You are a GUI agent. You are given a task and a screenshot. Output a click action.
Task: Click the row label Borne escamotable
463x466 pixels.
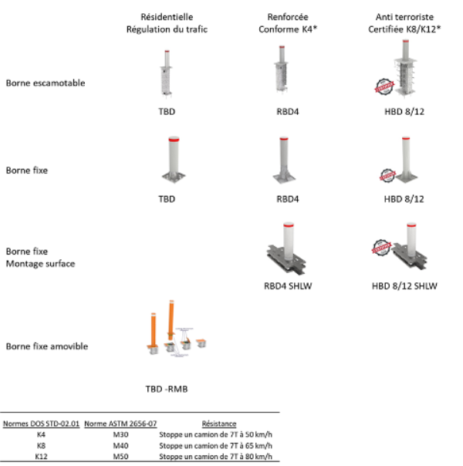46,83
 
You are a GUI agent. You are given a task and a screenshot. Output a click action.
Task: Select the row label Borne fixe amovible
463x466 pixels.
47,346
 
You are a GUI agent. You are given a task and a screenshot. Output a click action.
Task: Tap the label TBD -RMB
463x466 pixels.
167,388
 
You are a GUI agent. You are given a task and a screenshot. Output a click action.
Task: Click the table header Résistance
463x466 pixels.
219,424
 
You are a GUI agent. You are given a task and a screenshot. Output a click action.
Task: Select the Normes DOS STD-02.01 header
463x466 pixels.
41,424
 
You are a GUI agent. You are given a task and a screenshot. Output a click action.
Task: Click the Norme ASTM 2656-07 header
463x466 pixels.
120,424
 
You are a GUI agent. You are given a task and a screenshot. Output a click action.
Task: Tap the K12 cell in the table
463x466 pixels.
41,456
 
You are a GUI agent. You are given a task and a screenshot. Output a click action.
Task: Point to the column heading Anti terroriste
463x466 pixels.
404,16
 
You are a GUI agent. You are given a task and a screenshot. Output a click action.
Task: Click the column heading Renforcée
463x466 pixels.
287,16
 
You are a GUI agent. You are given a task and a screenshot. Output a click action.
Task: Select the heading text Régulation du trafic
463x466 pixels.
167,29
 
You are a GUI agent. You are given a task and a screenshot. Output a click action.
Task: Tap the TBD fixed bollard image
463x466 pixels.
167,163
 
